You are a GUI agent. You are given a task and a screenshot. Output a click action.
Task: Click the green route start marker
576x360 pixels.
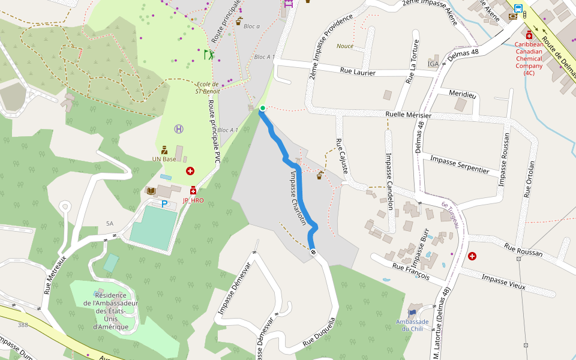[262, 108]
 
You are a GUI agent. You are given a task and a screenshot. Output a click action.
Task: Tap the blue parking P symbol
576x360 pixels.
[164, 204]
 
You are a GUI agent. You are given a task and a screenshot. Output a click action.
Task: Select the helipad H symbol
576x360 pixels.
[179, 128]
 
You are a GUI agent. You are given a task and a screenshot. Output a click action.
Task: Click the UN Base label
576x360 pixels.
[164, 159]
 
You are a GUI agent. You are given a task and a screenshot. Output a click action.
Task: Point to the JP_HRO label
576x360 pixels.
[193, 200]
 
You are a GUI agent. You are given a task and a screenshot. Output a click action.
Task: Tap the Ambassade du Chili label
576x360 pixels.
[412, 325]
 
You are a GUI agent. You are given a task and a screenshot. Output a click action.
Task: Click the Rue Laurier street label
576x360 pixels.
[358, 73]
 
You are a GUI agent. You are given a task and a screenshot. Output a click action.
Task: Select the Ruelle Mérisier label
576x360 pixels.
[408, 115]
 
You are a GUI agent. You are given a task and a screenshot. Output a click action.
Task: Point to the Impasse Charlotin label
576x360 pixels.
[299, 198]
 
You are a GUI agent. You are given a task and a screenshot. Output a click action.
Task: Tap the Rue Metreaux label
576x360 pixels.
[55, 272]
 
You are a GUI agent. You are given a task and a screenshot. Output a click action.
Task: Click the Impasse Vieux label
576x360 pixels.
[503, 281]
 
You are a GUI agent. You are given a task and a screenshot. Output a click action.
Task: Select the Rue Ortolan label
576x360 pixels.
[529, 179]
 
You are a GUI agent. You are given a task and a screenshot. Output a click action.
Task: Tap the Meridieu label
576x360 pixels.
[462, 94]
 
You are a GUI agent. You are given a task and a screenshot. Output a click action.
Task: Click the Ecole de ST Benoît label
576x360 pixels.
[208, 88]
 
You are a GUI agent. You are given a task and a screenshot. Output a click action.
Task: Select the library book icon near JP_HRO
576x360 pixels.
[151, 191]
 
